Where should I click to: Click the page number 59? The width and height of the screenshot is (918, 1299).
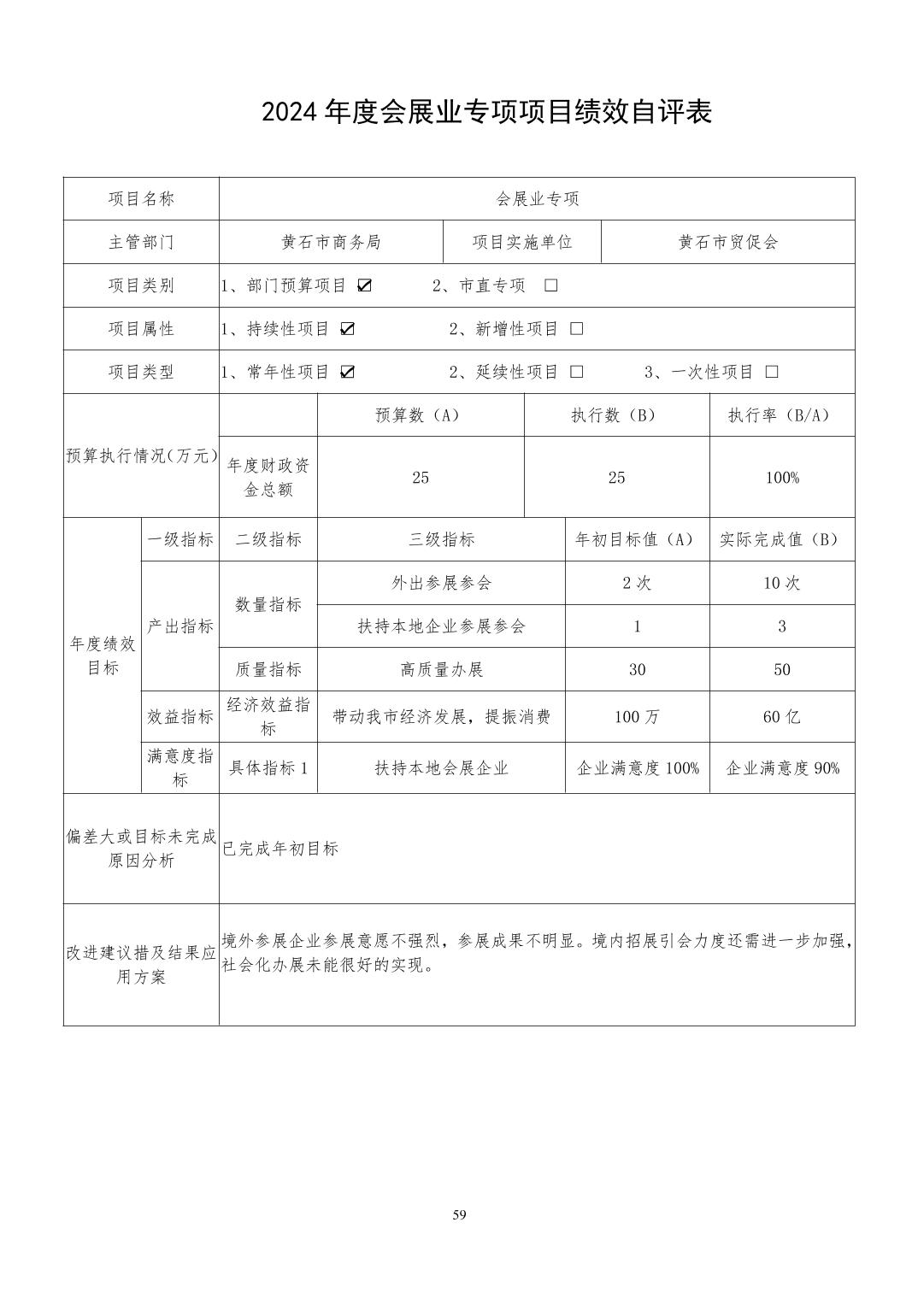point(459,1215)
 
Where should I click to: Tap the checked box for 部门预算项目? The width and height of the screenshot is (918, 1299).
point(365,285)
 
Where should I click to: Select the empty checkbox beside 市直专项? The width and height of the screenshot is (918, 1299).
point(551,285)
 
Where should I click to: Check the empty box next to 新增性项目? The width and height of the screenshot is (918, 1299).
point(577,329)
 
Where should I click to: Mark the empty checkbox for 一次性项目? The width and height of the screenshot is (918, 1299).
point(772,372)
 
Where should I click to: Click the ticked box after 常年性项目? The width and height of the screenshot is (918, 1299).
point(347,372)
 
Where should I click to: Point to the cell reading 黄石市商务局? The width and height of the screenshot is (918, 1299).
point(331,242)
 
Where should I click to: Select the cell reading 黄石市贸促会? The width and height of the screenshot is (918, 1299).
point(728,242)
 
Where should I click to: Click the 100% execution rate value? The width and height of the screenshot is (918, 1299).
point(782,478)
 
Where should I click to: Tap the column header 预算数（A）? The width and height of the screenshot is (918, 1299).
point(421,415)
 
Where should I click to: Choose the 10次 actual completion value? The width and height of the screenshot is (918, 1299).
point(782,583)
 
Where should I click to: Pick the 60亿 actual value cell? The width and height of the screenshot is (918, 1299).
point(782,717)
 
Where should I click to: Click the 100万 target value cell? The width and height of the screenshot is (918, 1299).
point(637,717)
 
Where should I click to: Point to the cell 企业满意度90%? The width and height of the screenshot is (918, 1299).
point(782,768)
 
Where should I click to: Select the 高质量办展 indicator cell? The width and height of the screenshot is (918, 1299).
point(441,669)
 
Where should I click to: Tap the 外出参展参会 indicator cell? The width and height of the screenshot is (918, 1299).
point(441,583)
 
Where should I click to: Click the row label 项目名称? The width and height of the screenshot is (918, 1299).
point(141,199)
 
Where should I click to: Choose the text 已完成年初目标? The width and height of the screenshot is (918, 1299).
point(280,849)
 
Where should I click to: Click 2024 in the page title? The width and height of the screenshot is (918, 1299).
point(291,112)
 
